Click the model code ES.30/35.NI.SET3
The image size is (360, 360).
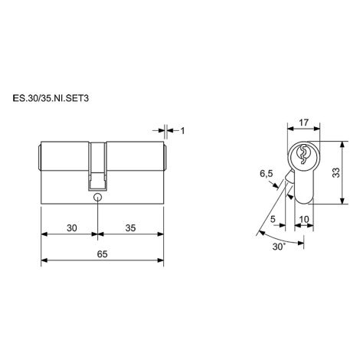51,98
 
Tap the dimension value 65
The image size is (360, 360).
102,254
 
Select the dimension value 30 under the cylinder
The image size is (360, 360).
71,227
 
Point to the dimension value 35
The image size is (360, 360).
130,227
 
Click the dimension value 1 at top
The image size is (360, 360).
182,131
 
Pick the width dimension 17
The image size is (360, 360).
304,123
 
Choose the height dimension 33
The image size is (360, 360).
336,172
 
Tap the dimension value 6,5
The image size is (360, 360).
267,174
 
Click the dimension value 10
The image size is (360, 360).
304,219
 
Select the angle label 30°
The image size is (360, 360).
279,247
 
